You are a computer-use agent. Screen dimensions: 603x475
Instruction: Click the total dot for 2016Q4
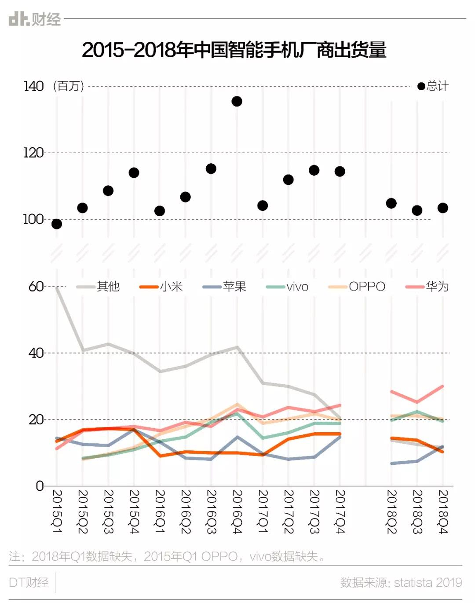click(x=237, y=102)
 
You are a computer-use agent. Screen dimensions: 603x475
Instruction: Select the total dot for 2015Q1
click(x=57, y=224)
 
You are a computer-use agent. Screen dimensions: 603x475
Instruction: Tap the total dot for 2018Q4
click(x=442, y=208)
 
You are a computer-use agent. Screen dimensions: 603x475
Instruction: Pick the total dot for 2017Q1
click(x=263, y=206)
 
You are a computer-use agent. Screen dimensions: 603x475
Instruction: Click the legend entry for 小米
click(x=161, y=287)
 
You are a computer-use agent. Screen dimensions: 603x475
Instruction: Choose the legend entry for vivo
click(x=288, y=287)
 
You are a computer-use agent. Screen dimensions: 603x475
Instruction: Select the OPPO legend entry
click(x=357, y=287)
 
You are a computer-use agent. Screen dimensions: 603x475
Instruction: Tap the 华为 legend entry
click(x=427, y=287)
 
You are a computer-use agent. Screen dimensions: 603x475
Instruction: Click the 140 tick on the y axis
click(x=33, y=86)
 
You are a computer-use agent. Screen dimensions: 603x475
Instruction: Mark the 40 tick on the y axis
click(x=36, y=353)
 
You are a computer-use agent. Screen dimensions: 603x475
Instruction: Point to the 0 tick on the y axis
click(x=40, y=486)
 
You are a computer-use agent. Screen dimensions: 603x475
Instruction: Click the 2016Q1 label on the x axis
click(x=160, y=511)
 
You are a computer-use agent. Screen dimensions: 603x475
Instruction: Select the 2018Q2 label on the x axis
click(x=391, y=511)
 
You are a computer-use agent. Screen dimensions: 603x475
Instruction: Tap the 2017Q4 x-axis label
click(x=340, y=511)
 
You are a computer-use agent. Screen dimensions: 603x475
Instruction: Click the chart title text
click(x=234, y=50)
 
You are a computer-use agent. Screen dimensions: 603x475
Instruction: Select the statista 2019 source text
click(x=401, y=582)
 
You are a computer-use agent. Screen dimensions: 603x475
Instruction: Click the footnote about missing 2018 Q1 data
click(x=167, y=556)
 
